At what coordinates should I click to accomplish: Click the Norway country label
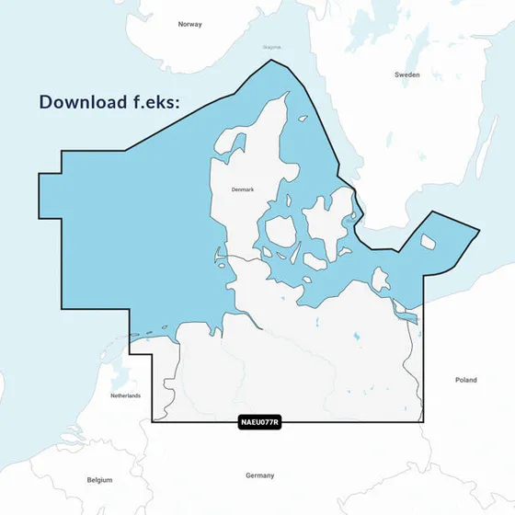click(x=189, y=24)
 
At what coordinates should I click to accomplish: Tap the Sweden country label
click(x=406, y=74)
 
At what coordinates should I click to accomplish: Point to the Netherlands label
click(x=125, y=395)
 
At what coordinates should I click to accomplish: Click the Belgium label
click(x=98, y=480)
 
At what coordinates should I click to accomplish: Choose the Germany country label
click(x=260, y=475)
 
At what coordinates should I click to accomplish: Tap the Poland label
click(x=466, y=379)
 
